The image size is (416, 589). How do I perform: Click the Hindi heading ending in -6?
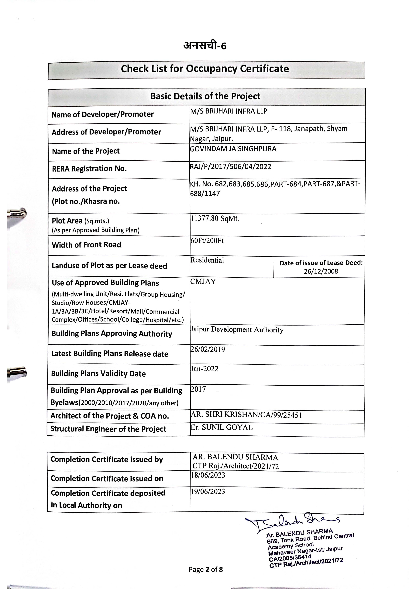click(205, 46)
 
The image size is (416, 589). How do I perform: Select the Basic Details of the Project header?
click(205, 96)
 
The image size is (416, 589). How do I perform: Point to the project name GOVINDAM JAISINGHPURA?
click(233, 149)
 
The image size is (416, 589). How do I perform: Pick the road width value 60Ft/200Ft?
click(207, 241)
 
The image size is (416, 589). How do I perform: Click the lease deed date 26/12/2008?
click(321, 271)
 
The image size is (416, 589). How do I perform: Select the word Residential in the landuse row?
click(207, 260)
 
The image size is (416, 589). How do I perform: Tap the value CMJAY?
click(203, 282)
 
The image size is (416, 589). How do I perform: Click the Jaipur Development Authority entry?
click(237, 330)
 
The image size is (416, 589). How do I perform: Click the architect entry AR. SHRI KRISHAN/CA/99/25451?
click(246, 415)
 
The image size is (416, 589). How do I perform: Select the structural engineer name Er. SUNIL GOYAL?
click(222, 427)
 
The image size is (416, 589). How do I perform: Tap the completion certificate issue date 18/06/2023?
click(208, 475)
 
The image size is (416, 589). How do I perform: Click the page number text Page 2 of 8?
click(206, 570)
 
